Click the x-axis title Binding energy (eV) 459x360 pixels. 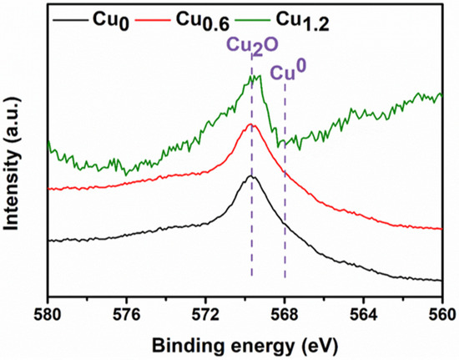coord(245,343)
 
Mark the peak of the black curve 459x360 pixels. coord(252,176)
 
